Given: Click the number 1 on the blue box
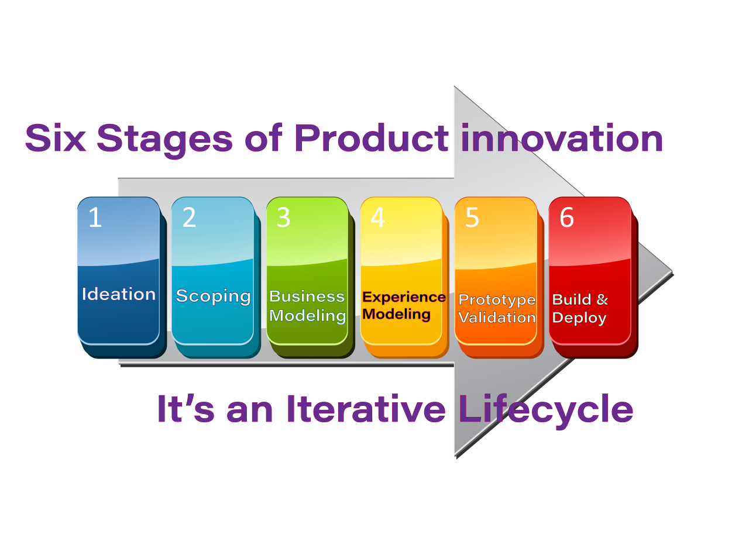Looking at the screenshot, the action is [x=95, y=218].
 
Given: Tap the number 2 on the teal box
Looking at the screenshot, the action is [x=189, y=218].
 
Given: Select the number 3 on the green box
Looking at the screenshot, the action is [x=284, y=218].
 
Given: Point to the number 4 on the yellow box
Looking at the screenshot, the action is [x=378, y=218].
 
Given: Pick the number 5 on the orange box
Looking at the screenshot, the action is [x=472, y=218].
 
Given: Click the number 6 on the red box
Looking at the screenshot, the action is [x=567, y=218].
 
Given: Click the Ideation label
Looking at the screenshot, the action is [x=119, y=294].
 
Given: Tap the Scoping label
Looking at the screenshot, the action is [x=213, y=296].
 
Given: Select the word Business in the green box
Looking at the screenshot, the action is [x=307, y=296].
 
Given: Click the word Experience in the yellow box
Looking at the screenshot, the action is [x=404, y=297].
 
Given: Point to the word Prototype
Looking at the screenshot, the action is [x=497, y=301].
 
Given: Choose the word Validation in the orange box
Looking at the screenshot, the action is [x=497, y=318].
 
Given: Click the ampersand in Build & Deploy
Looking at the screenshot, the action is [x=602, y=300].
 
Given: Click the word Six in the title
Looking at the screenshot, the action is [x=56, y=139].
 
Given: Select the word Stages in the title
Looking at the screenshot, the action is [x=164, y=140].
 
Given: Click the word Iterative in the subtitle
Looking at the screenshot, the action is [x=366, y=409].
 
